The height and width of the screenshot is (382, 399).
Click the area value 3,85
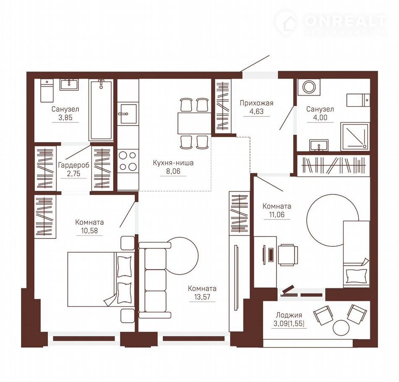[65, 118]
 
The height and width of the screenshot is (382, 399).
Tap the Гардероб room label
[74, 165]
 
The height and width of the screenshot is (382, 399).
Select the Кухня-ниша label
[173, 163]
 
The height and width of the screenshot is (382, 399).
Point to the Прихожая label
[256, 103]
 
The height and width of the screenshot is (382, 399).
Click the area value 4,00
[320, 118]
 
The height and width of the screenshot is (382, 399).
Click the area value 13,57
[202, 297]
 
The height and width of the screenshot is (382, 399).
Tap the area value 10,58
[89, 231]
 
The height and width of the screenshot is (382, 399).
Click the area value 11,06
[277, 215]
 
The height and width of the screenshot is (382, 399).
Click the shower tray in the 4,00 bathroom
[354, 136]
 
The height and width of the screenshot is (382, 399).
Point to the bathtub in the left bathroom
[101, 110]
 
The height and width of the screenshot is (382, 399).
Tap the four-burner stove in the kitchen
[128, 161]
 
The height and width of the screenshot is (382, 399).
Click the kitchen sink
[128, 114]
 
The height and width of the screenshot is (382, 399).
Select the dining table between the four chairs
[193, 123]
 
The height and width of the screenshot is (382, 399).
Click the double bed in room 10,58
[101, 280]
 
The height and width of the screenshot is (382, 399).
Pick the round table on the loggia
[340, 327]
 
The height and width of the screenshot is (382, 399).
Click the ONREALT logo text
[345, 21]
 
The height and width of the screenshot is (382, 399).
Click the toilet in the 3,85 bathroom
[47, 91]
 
